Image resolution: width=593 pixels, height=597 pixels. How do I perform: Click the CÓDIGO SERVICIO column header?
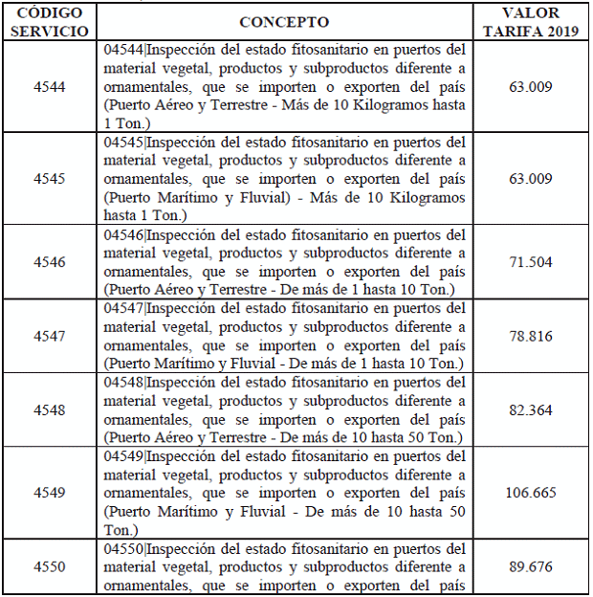(x=49, y=21)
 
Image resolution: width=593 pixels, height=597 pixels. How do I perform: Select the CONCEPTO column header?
(x=284, y=22)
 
